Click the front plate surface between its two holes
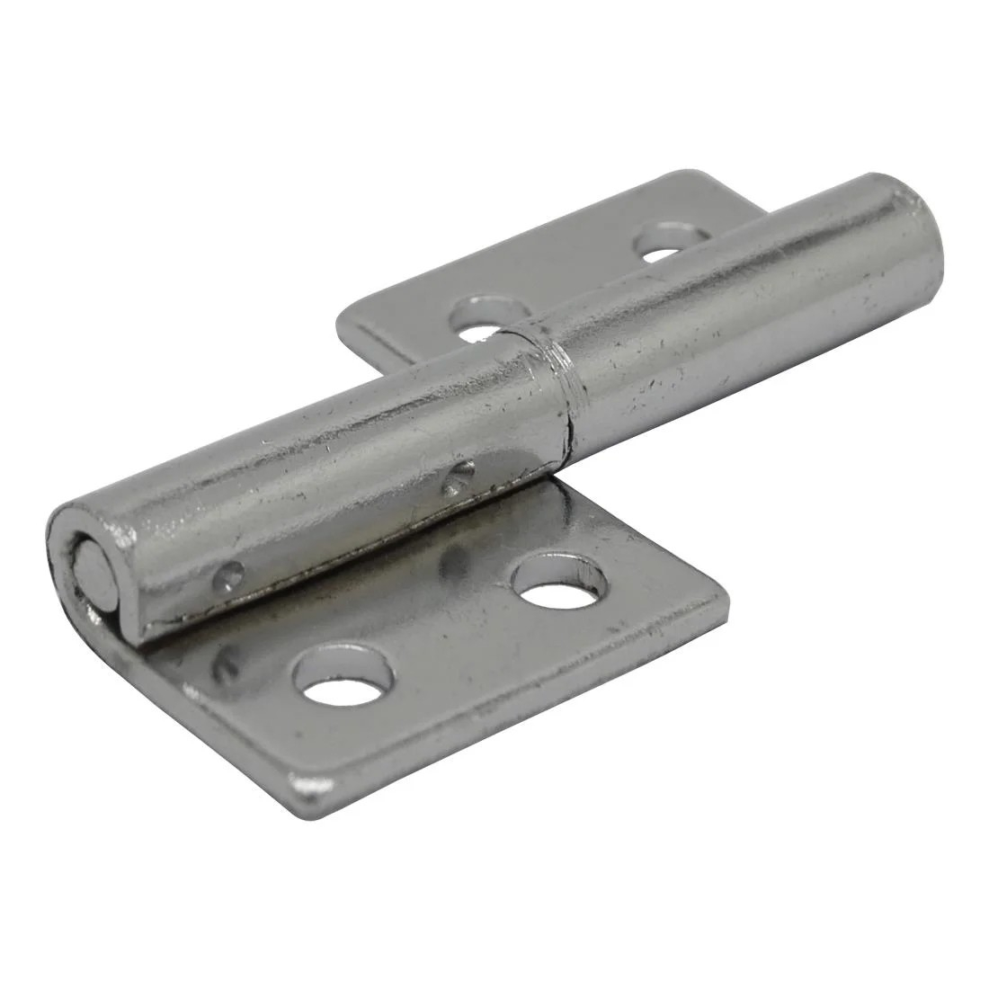450,629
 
